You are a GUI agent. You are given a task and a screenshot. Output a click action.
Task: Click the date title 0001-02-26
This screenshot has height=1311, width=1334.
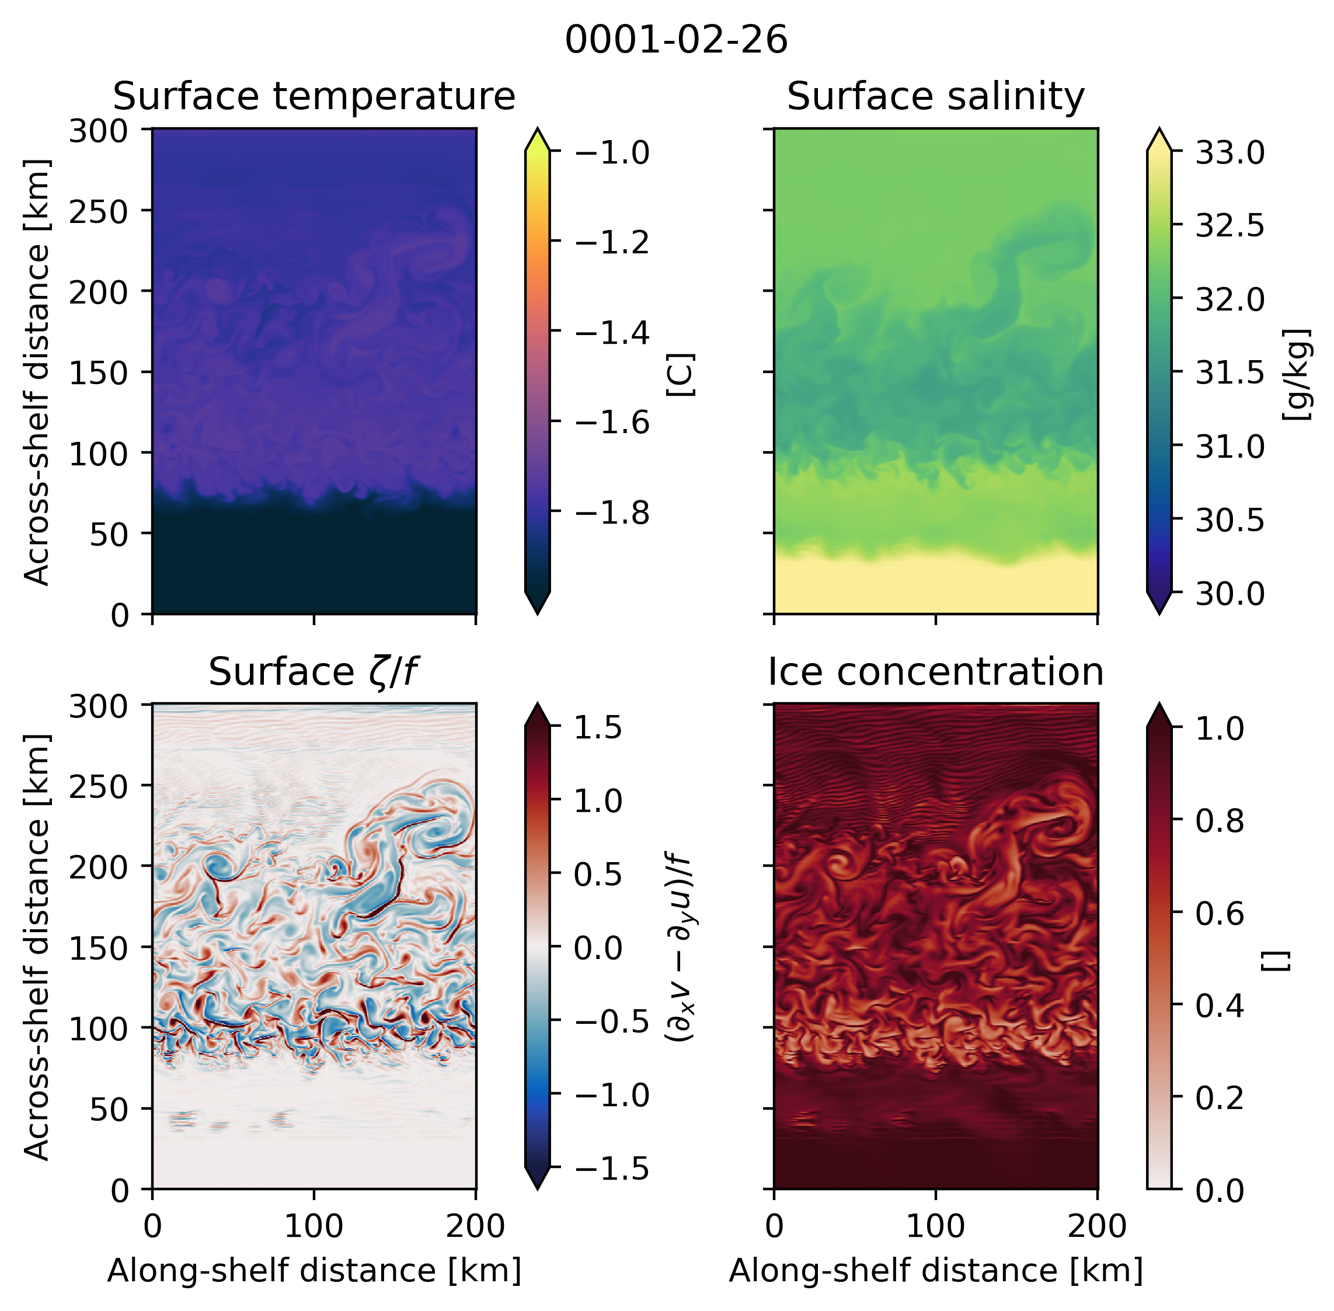coord(675,40)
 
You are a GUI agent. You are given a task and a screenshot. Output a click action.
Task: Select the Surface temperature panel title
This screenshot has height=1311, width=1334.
coord(314,96)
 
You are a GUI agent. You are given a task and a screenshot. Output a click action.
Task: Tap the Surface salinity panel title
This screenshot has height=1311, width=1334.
coord(935,96)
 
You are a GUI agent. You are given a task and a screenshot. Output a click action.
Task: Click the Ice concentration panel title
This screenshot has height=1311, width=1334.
coord(935,672)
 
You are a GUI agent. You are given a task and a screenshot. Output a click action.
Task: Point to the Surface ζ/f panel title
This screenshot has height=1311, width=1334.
coord(314,672)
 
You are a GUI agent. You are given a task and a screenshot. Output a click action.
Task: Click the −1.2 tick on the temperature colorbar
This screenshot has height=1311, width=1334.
coord(612,242)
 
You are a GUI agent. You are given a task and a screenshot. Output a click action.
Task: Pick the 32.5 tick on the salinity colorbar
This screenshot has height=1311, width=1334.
coord(1229,225)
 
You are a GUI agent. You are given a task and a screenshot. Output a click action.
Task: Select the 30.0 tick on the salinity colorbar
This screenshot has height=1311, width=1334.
coord(1229,594)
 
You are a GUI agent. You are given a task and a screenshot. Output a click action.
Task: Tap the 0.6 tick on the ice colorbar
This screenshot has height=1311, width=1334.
coord(1219,913)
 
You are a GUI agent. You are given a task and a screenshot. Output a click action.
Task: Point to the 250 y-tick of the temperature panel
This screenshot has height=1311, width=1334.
coord(99,211)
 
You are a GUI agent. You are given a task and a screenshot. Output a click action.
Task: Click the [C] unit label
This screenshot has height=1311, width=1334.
coord(681,375)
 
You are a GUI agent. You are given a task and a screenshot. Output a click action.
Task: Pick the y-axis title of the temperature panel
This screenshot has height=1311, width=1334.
coord(37,372)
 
